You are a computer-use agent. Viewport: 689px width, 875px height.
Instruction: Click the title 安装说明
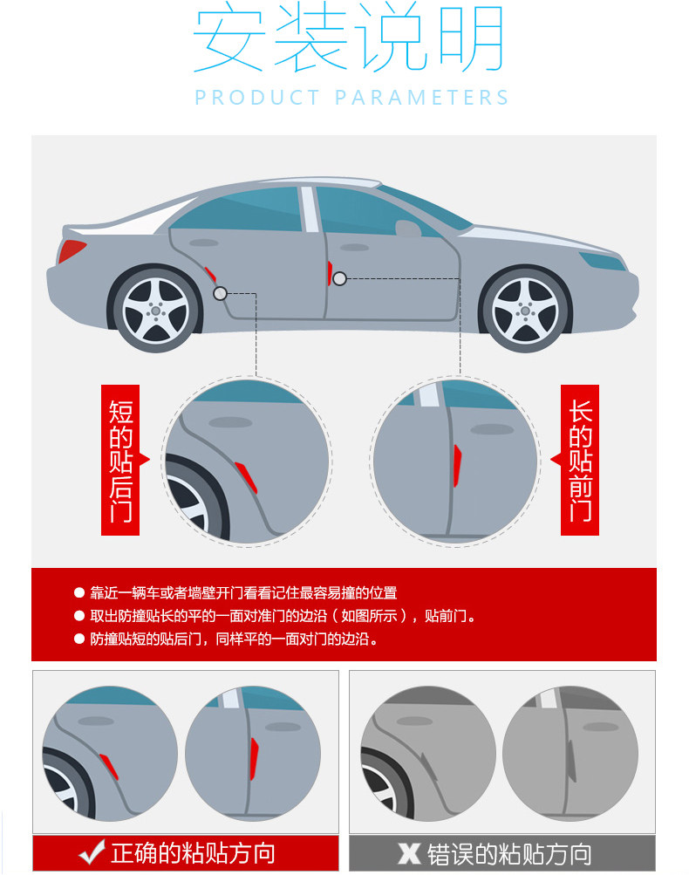pyautogui.click(x=349, y=41)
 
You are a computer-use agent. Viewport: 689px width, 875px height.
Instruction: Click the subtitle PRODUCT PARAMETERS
pyautogui.click(x=351, y=97)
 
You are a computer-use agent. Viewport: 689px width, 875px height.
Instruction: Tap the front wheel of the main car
pyautogui.click(x=525, y=309)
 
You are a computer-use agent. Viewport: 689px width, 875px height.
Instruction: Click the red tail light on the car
pyautogui.click(x=72, y=251)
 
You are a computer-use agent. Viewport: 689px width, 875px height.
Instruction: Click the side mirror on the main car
pyautogui.click(x=406, y=229)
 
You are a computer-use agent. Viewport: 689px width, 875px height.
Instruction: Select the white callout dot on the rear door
pyautogui.click(x=220, y=293)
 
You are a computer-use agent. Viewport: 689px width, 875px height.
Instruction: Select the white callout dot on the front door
pyautogui.click(x=339, y=279)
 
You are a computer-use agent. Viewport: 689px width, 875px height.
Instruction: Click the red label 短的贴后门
pyautogui.click(x=120, y=460)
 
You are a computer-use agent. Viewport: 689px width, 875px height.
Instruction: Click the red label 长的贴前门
pyautogui.click(x=580, y=460)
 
